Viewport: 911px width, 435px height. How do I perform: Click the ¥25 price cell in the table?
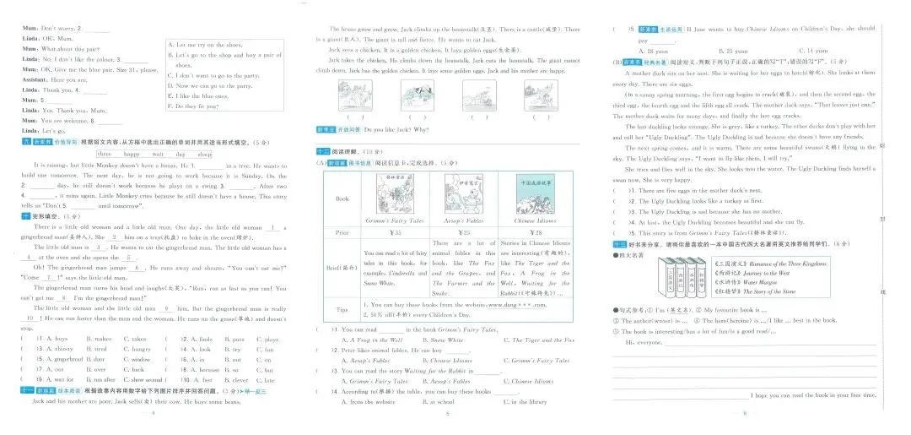coord(464,231)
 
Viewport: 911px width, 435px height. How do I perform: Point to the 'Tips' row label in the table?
coord(342,308)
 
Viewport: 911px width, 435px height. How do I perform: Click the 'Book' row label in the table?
coord(342,199)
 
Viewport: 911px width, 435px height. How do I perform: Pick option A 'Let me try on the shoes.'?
coord(205,45)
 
